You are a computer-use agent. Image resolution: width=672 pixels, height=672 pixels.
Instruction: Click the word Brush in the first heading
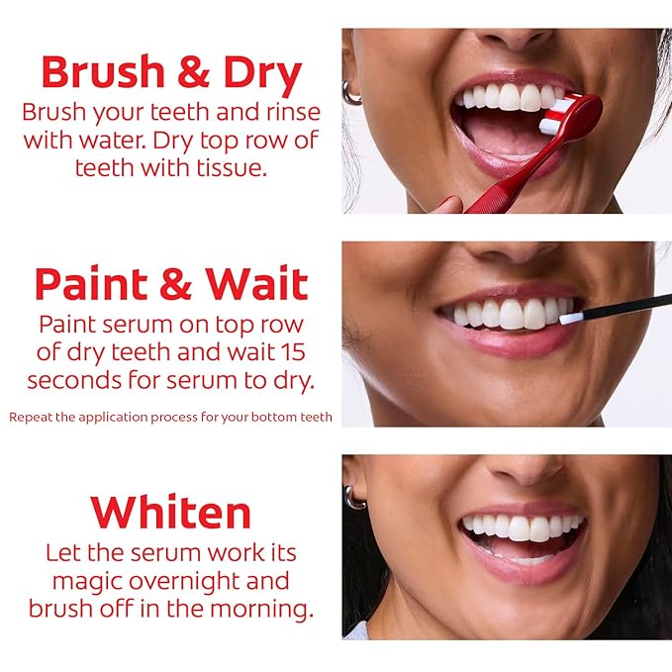coord(103,71)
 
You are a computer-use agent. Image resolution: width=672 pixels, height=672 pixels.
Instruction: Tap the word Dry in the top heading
coord(262,75)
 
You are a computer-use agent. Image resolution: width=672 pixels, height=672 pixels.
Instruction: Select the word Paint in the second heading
coord(91,283)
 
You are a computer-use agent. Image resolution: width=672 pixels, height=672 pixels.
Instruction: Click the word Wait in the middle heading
coord(256,283)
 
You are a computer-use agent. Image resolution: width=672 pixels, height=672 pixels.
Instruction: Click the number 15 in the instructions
coord(293,352)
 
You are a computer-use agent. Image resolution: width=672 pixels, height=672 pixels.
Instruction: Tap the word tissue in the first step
coord(232,167)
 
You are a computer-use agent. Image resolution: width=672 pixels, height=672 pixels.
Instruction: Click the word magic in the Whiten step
coord(88,582)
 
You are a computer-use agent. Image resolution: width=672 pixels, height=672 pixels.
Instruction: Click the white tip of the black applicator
coord(572,318)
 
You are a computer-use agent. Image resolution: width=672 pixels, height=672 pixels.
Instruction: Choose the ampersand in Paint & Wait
coord(176,283)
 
